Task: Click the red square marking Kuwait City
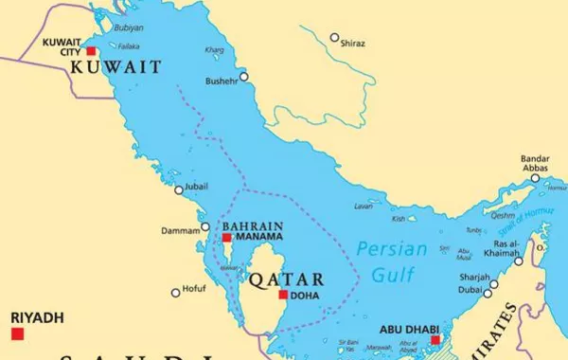pos(91,51)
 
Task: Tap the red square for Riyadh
pos(17,333)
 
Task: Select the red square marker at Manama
pos(226,238)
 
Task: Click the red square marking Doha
pos(283,295)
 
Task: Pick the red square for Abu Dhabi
pos(435,339)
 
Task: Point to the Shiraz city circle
pos(334,38)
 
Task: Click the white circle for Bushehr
pos(244,77)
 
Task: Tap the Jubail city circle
pos(179,189)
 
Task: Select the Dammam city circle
pos(205,227)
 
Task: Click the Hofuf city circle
pos(175,293)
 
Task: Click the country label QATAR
pos(287,279)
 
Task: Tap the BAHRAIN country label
pos(252,225)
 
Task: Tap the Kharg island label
pos(215,49)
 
